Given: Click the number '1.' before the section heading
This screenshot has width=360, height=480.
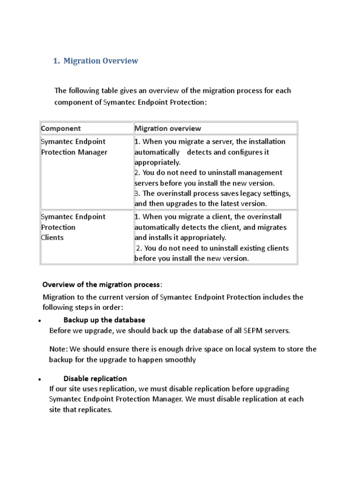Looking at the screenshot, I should coord(57,61).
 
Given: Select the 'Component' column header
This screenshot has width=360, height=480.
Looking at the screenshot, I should coord(61,128).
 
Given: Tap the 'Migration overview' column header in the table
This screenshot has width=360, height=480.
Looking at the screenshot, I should coord(168,128).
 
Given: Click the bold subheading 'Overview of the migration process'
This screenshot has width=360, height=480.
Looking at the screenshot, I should coord(101,285).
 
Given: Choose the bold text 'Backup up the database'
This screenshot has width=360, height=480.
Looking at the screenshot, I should coord(104,320).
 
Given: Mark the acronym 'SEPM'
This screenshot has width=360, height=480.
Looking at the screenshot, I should coord(253,330).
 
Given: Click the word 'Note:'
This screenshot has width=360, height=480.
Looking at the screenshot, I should coord(59,349).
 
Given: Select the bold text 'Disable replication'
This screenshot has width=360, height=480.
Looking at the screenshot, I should coord(95,378).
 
